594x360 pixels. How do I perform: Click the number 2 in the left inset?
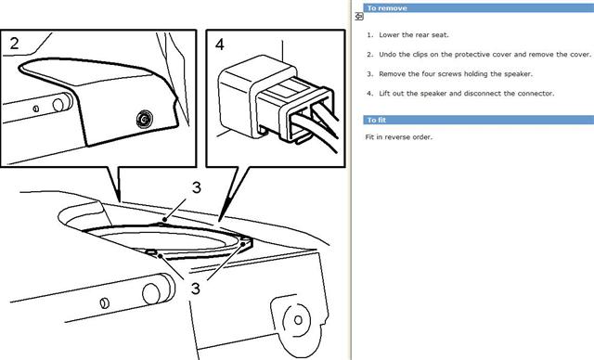[15, 44]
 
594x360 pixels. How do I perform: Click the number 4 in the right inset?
[220, 45]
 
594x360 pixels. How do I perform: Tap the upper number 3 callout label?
[196, 187]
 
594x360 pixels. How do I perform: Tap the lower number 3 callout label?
[195, 289]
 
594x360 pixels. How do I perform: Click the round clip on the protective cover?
[145, 120]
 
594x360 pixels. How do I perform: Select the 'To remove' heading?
[387, 8]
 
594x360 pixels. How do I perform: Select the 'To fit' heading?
[376, 120]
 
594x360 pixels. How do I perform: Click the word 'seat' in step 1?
[439, 35]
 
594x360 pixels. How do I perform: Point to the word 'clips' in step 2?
[420, 55]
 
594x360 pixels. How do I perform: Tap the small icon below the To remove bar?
[359, 17]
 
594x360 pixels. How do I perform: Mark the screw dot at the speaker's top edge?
[164, 219]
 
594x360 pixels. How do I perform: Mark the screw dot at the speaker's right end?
[243, 245]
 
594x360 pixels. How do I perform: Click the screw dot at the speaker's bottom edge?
[161, 256]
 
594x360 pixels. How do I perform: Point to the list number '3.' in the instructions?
[369, 74]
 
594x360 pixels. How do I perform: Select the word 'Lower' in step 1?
[389, 35]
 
